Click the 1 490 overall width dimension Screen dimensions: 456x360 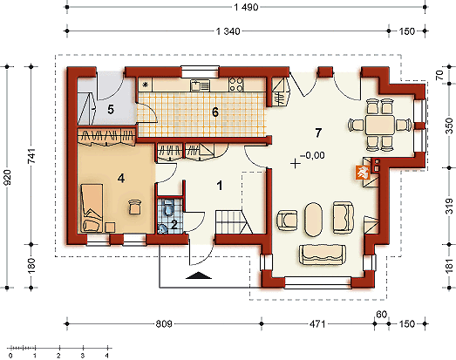(246, 7)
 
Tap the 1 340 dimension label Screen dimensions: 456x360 (228, 31)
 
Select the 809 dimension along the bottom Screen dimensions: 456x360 (164, 323)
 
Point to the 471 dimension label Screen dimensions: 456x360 (317, 323)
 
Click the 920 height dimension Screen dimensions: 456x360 (6, 177)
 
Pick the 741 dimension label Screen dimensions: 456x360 (31, 156)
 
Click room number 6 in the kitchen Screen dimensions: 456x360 (214, 112)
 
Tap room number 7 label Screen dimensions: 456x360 (318, 132)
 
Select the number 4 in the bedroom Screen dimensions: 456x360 (121, 178)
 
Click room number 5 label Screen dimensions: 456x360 (111, 110)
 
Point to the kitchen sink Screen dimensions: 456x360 (200, 85)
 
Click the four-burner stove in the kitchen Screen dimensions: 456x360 (236, 85)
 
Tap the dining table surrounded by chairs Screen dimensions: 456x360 (380, 125)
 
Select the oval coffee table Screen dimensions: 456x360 (313, 220)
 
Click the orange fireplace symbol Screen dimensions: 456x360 (363, 172)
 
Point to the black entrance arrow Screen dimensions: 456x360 (199, 275)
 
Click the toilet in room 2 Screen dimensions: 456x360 (167, 208)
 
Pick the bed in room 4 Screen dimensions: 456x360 (92, 208)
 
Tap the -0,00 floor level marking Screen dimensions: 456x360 (312, 155)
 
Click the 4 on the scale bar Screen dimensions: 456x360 (107, 356)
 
